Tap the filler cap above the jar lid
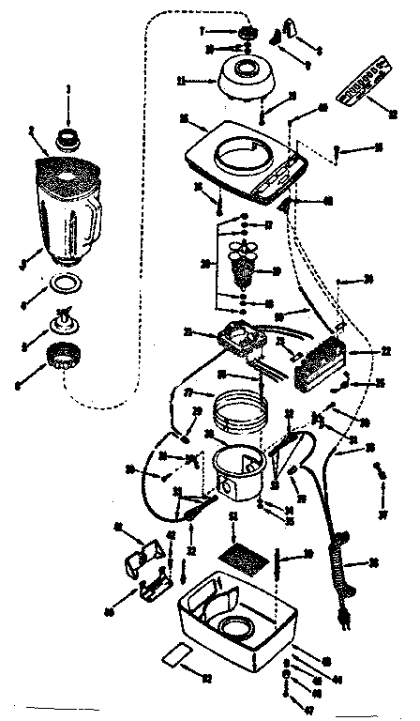point(68,139)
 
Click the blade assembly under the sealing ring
point(65,321)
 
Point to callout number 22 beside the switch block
point(384,351)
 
